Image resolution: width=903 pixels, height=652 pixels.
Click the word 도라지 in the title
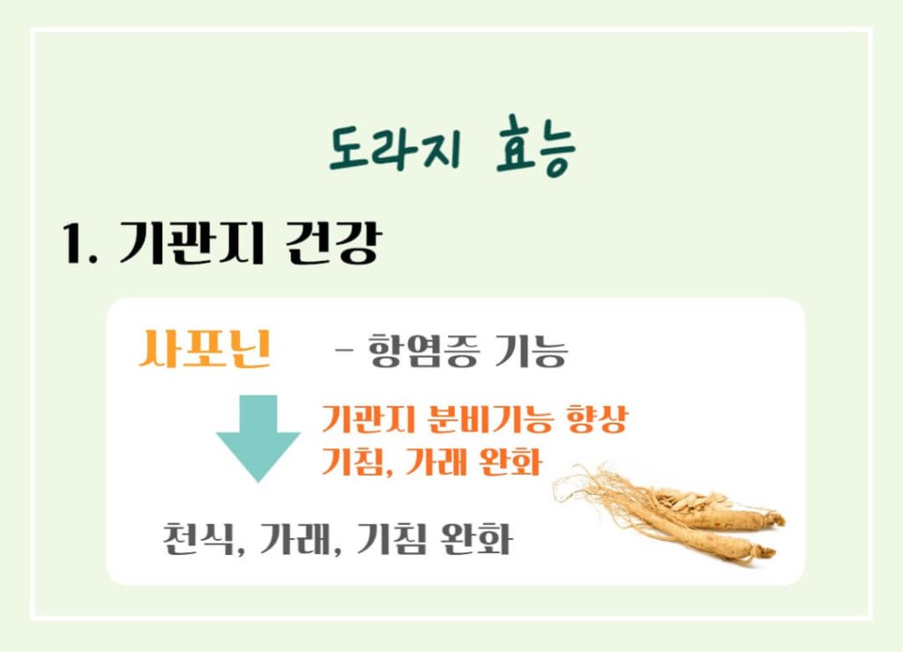394,151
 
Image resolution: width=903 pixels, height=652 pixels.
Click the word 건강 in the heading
332,244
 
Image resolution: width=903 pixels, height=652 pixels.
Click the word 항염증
421,353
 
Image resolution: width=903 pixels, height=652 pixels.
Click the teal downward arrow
258,438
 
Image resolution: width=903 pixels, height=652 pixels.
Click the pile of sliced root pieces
692,500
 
